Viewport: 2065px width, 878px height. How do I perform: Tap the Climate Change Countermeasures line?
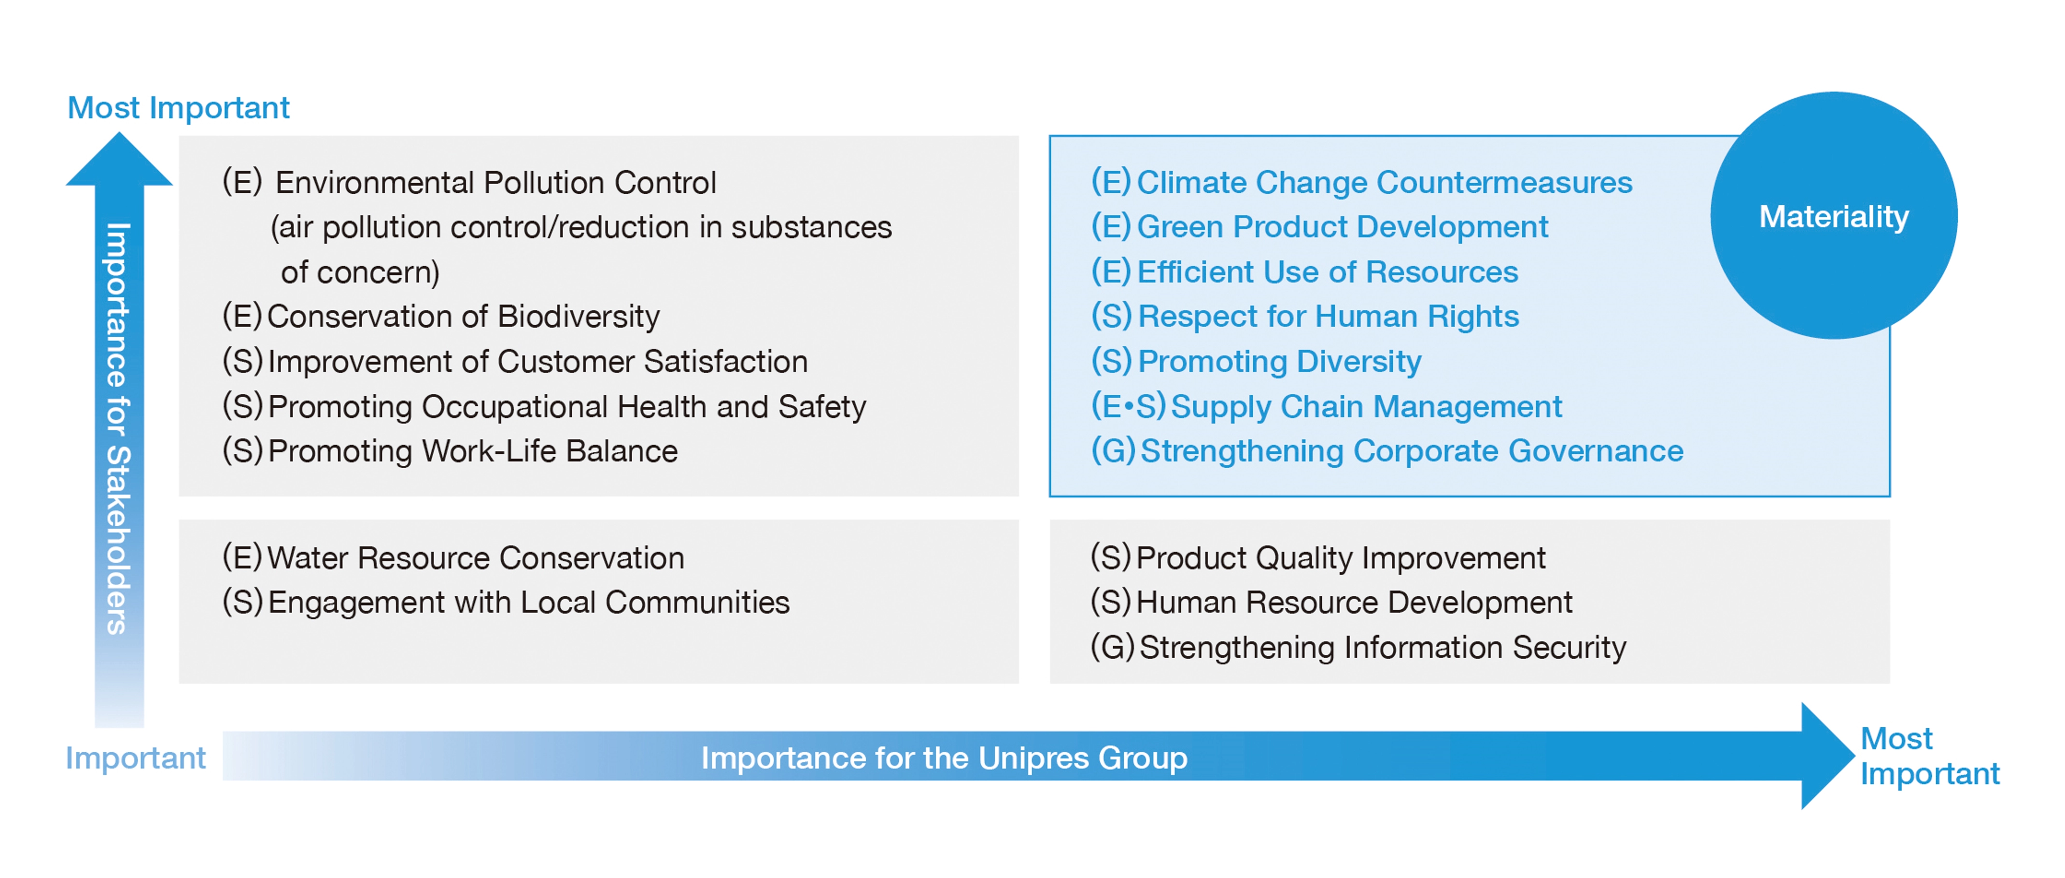pyautogui.click(x=1361, y=183)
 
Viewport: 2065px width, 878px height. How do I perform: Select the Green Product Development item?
pyautogui.click(x=1319, y=228)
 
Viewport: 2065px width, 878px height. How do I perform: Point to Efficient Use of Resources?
pyautogui.click(x=1304, y=272)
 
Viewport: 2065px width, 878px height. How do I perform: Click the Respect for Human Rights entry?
pyautogui.click(x=1305, y=317)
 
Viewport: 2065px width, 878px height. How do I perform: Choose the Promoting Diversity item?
pyautogui.click(x=1256, y=361)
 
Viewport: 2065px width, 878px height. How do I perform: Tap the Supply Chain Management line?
pyautogui.click(x=1327, y=406)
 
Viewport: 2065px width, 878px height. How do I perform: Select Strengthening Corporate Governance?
pyautogui.click(x=1387, y=451)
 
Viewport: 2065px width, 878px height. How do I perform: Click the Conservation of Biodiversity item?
pyautogui.click(x=441, y=317)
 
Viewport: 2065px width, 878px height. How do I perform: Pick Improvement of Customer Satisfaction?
pyautogui.click(x=515, y=361)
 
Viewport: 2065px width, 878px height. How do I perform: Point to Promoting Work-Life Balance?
pyautogui.click(x=450, y=451)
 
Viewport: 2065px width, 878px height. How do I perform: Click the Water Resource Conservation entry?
pyautogui.click(x=453, y=558)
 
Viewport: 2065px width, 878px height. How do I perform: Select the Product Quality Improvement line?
pyautogui.click(x=1318, y=558)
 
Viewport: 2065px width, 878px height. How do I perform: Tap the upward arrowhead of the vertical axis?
pyautogui.click(x=119, y=160)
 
